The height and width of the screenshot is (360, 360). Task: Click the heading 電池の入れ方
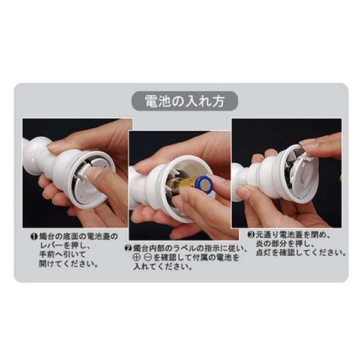coord(185,101)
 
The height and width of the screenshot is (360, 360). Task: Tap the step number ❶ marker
coord(34,237)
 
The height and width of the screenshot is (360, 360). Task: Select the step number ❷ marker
coord(128,248)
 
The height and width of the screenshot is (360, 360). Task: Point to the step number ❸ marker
coord(251,235)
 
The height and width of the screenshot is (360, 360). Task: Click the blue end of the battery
coord(205,184)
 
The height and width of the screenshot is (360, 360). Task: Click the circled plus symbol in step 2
coord(137,258)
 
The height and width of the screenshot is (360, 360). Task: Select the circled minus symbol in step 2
coord(148,258)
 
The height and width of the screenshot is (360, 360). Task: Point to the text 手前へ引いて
coord(59,255)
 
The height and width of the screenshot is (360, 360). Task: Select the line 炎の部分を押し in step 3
coord(284,244)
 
